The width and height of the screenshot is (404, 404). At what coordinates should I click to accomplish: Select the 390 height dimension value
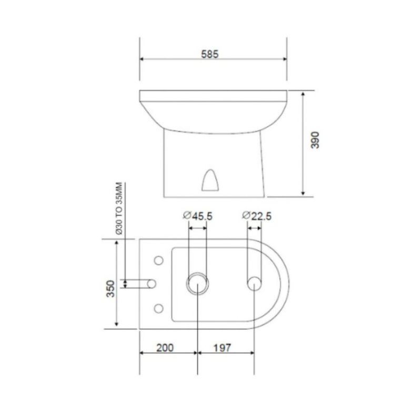coord(315,140)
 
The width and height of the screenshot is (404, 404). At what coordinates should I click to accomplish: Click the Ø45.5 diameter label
coord(197,216)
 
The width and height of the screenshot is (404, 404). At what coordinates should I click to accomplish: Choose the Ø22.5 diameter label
coord(257,216)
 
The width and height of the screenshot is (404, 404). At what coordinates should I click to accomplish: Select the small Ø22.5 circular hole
coord(254,284)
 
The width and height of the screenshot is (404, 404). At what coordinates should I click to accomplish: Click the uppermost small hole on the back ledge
coord(157,260)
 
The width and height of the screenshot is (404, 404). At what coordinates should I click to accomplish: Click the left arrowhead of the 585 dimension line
coord(143,58)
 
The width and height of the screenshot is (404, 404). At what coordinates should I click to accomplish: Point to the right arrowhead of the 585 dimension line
coord(284,58)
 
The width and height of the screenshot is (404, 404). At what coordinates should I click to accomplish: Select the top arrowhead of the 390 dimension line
coord(304,94)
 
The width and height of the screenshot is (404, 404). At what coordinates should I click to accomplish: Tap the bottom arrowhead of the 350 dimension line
coord(117,326)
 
